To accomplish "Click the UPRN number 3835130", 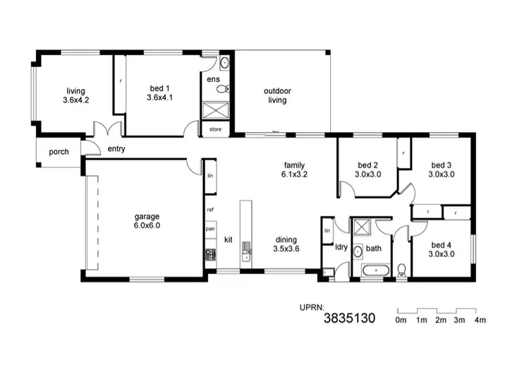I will [349, 319].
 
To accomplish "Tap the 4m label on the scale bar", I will [481, 321].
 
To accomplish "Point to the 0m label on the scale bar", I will [401, 321].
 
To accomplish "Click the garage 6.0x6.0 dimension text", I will [148, 226].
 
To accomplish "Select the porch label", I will [59, 152].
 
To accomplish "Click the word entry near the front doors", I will [116, 149].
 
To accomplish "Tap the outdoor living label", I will [277, 95].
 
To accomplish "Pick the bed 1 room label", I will [159, 88].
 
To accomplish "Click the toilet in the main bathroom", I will [401, 268].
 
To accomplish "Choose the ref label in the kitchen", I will [210, 210].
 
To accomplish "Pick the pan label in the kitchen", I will [210, 229].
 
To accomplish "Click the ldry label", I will [341, 247].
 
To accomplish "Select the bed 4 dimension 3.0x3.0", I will [442, 254].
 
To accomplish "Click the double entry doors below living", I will [110, 131].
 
